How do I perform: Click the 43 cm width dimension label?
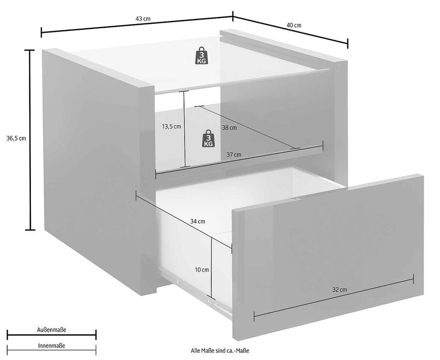[143, 19]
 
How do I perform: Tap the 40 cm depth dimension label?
[294, 25]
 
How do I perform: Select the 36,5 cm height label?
[15, 138]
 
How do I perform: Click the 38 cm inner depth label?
[229, 128]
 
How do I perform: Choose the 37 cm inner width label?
[233, 154]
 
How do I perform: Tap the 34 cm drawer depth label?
[197, 222]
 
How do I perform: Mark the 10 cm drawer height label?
[202, 269]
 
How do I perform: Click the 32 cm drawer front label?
[339, 290]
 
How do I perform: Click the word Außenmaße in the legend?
[51, 329]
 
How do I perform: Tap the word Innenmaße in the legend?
[51, 346]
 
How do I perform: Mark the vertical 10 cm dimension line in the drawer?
[211, 267]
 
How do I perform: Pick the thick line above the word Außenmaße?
[51, 335]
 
